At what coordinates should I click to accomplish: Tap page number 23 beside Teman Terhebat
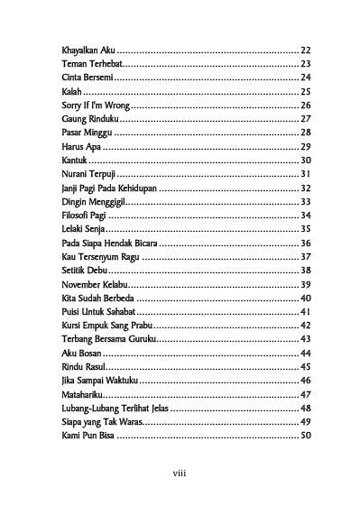click(x=305, y=64)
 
